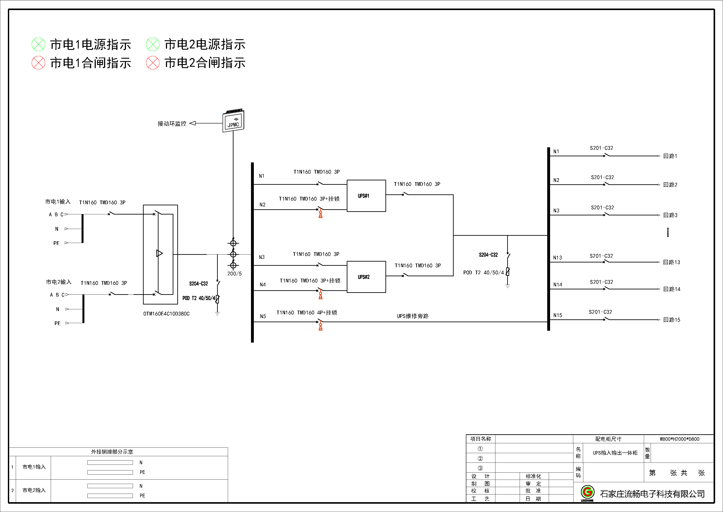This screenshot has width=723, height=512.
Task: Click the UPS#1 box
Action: pyautogui.click(x=366, y=196)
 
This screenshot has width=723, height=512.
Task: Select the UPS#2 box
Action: pyautogui.click(x=366, y=277)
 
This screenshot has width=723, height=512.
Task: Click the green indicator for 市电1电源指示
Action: pyautogui.click(x=38, y=44)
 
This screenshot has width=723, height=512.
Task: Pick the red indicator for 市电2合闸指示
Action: pyautogui.click(x=153, y=63)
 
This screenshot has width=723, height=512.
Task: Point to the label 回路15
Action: pyautogui.click(x=672, y=320)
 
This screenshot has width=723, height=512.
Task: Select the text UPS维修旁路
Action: pyautogui.click(x=413, y=316)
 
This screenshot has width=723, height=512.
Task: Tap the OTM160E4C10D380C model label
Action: pyautogui.click(x=166, y=314)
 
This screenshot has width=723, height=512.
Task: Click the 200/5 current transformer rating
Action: pyautogui.click(x=235, y=274)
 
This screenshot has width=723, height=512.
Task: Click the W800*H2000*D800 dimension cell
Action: pyautogui.click(x=679, y=439)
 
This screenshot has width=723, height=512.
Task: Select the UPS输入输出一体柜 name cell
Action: pyautogui.click(x=615, y=453)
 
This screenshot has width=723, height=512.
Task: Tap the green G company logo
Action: pyautogui.click(x=588, y=492)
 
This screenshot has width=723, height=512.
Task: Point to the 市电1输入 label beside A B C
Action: pyautogui.click(x=58, y=201)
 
